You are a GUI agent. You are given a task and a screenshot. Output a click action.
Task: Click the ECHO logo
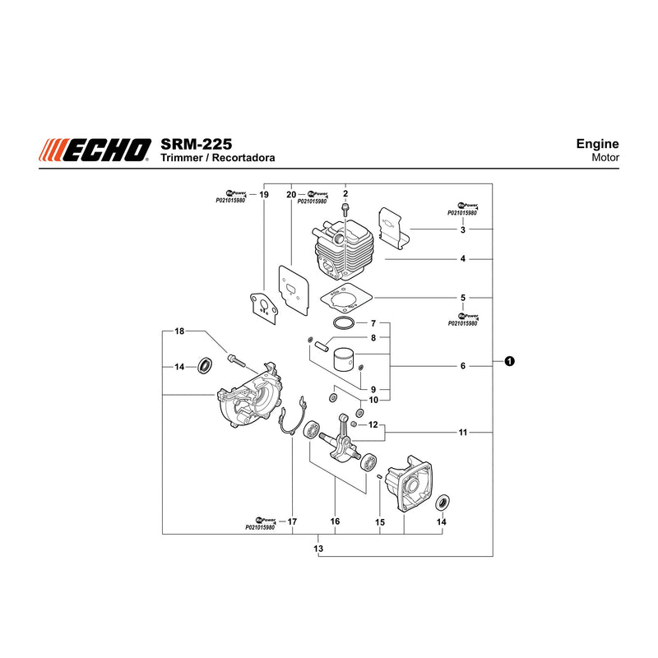95,150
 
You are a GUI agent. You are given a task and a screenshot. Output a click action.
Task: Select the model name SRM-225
196,145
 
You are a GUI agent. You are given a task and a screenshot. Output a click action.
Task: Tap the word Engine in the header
597,143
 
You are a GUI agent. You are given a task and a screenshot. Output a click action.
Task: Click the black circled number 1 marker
509,361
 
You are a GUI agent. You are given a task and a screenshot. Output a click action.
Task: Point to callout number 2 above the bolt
345,194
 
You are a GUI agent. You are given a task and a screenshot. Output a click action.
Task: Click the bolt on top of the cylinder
345,209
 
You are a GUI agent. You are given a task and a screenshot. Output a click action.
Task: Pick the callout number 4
462,259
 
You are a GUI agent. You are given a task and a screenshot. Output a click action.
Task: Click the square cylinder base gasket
346,298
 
